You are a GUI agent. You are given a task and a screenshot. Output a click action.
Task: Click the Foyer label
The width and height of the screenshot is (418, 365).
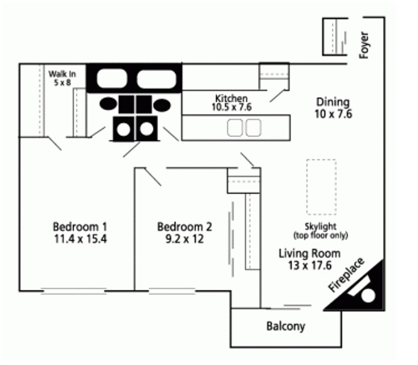364,45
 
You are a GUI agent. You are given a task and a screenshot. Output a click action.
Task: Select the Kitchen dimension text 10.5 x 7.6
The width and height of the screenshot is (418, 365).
231,107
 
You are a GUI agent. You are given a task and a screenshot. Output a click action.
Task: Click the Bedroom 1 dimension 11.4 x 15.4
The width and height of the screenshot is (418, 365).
80,239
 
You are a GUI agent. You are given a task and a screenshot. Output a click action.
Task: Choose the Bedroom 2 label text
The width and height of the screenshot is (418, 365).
185,226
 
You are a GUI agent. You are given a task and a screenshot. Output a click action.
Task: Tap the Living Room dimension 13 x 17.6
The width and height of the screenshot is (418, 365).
310,266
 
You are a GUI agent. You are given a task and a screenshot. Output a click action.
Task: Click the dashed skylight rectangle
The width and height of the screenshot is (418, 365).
321,187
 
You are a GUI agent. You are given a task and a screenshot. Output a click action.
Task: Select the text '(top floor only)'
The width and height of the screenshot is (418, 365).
321,236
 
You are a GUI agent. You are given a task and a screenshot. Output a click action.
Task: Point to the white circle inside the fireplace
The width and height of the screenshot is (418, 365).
368,296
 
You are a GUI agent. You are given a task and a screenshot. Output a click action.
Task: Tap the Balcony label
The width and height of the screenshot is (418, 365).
285,326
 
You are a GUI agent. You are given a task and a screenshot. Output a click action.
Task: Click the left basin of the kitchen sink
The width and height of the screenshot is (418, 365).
234,128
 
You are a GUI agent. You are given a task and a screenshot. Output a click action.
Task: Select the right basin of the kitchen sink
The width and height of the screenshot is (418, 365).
253,128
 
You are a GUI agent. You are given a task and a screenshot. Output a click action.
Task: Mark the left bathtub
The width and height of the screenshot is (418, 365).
112,78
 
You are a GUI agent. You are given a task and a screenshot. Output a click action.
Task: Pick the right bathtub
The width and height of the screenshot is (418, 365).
157,78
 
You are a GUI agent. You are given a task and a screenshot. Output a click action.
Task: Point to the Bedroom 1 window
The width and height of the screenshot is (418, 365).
74,291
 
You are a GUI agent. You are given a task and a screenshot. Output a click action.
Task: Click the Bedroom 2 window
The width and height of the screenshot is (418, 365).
172,291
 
